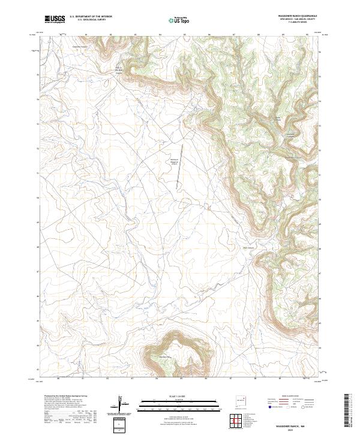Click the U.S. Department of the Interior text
[91, 17]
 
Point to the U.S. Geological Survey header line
[87, 20]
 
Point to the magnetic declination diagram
[121, 402]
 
